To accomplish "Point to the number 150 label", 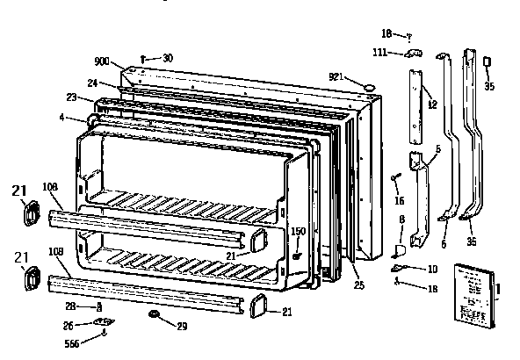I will click(x=299, y=232).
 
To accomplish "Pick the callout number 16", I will click(x=399, y=200).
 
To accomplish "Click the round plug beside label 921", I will click(x=368, y=83).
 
